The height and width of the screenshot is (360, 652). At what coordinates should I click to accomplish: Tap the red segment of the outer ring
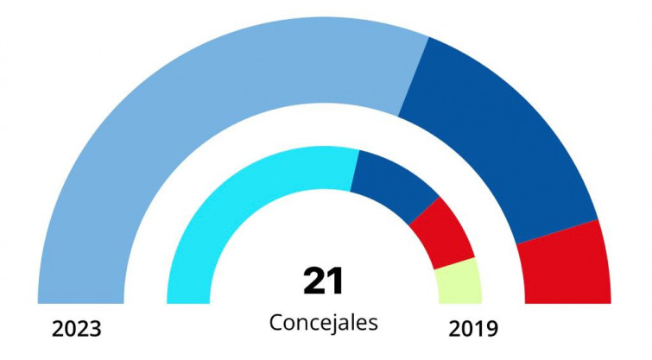566,263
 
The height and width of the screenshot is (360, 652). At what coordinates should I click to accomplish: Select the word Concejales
324,323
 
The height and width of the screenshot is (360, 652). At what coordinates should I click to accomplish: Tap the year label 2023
77,330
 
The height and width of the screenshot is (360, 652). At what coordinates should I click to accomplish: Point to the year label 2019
473,329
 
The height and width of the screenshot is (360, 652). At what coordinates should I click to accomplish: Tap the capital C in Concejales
276,323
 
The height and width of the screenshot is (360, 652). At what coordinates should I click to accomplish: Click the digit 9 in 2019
491,329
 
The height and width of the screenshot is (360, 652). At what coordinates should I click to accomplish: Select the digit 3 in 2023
96,330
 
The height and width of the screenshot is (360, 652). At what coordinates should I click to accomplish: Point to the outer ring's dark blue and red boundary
556,232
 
